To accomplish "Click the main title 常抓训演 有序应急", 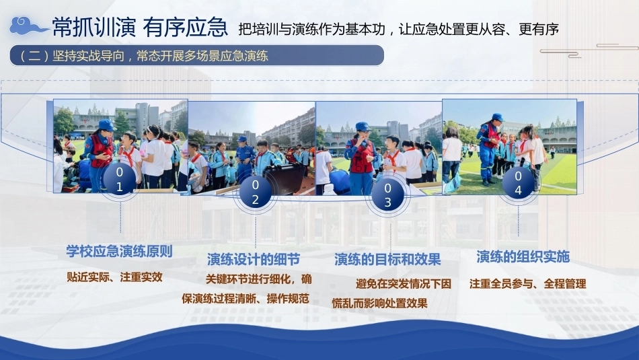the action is [139, 28].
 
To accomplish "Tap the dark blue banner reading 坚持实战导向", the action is [196, 55].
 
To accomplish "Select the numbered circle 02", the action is [255, 192].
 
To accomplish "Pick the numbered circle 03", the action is [387, 195].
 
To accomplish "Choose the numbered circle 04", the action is [518, 183].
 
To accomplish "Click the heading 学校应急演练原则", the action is [120, 251].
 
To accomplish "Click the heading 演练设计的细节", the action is [254, 259].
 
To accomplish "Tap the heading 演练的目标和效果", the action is [387, 259].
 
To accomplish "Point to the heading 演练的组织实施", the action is [523, 257].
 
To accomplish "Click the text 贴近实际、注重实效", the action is [114, 277].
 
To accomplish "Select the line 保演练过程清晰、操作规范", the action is [246, 299].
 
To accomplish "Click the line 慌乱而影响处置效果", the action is [379, 303].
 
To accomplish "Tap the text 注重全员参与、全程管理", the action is [528, 284].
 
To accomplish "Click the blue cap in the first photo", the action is [106, 124].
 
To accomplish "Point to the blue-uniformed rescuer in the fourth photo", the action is [489, 149].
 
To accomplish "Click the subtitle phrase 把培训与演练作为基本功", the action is [311, 30].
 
